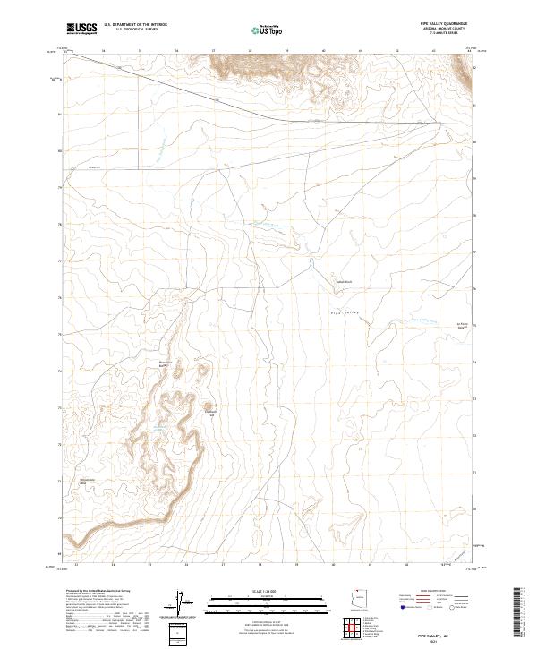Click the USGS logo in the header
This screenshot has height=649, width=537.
click(81, 30)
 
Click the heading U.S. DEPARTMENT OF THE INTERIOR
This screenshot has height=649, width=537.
click(135, 26)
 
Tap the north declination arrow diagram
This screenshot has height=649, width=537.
click(177, 603)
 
